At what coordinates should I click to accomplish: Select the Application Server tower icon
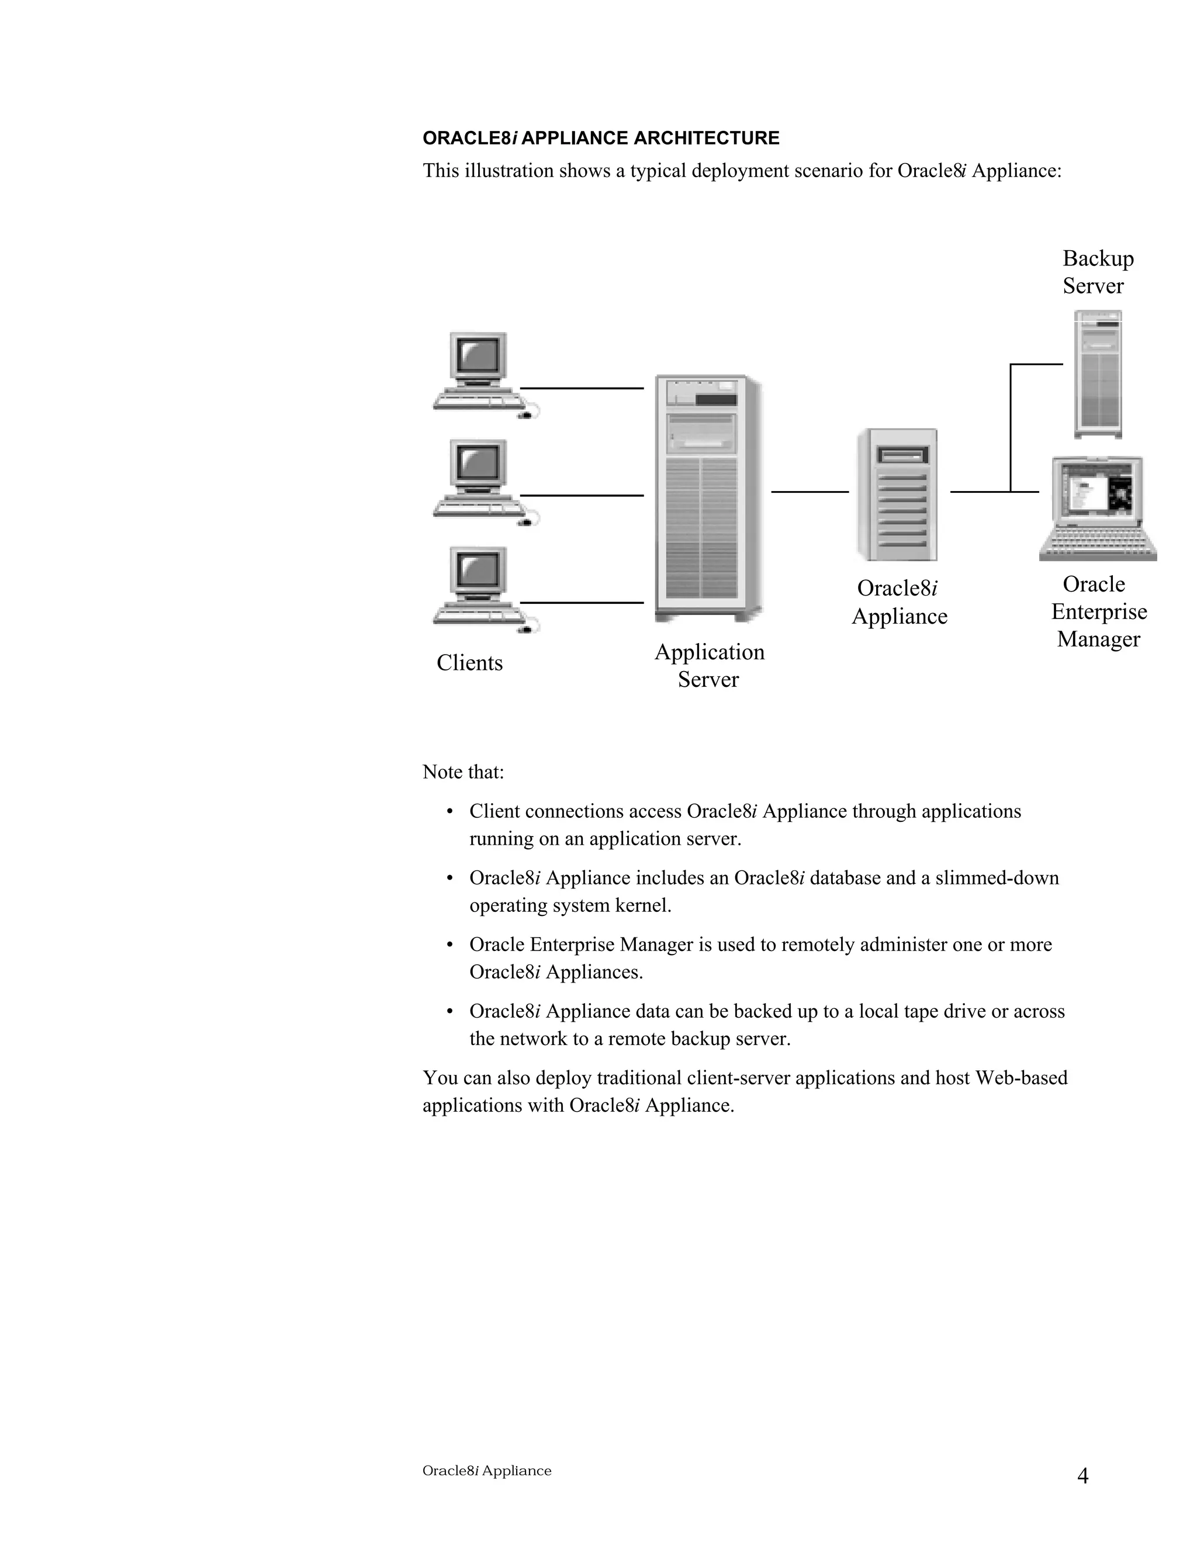tap(707, 499)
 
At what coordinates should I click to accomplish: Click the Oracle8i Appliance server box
tap(898, 495)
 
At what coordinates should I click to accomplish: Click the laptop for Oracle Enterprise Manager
tap(1097, 509)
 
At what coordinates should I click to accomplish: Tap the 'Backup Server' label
tap(1097, 272)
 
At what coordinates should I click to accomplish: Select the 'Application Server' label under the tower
tap(709, 665)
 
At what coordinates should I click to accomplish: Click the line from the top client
tap(582, 388)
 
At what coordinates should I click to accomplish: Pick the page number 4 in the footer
tap(1082, 1476)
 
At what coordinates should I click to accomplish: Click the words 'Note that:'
tap(463, 772)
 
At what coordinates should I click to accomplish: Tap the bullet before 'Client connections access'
tap(449, 812)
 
